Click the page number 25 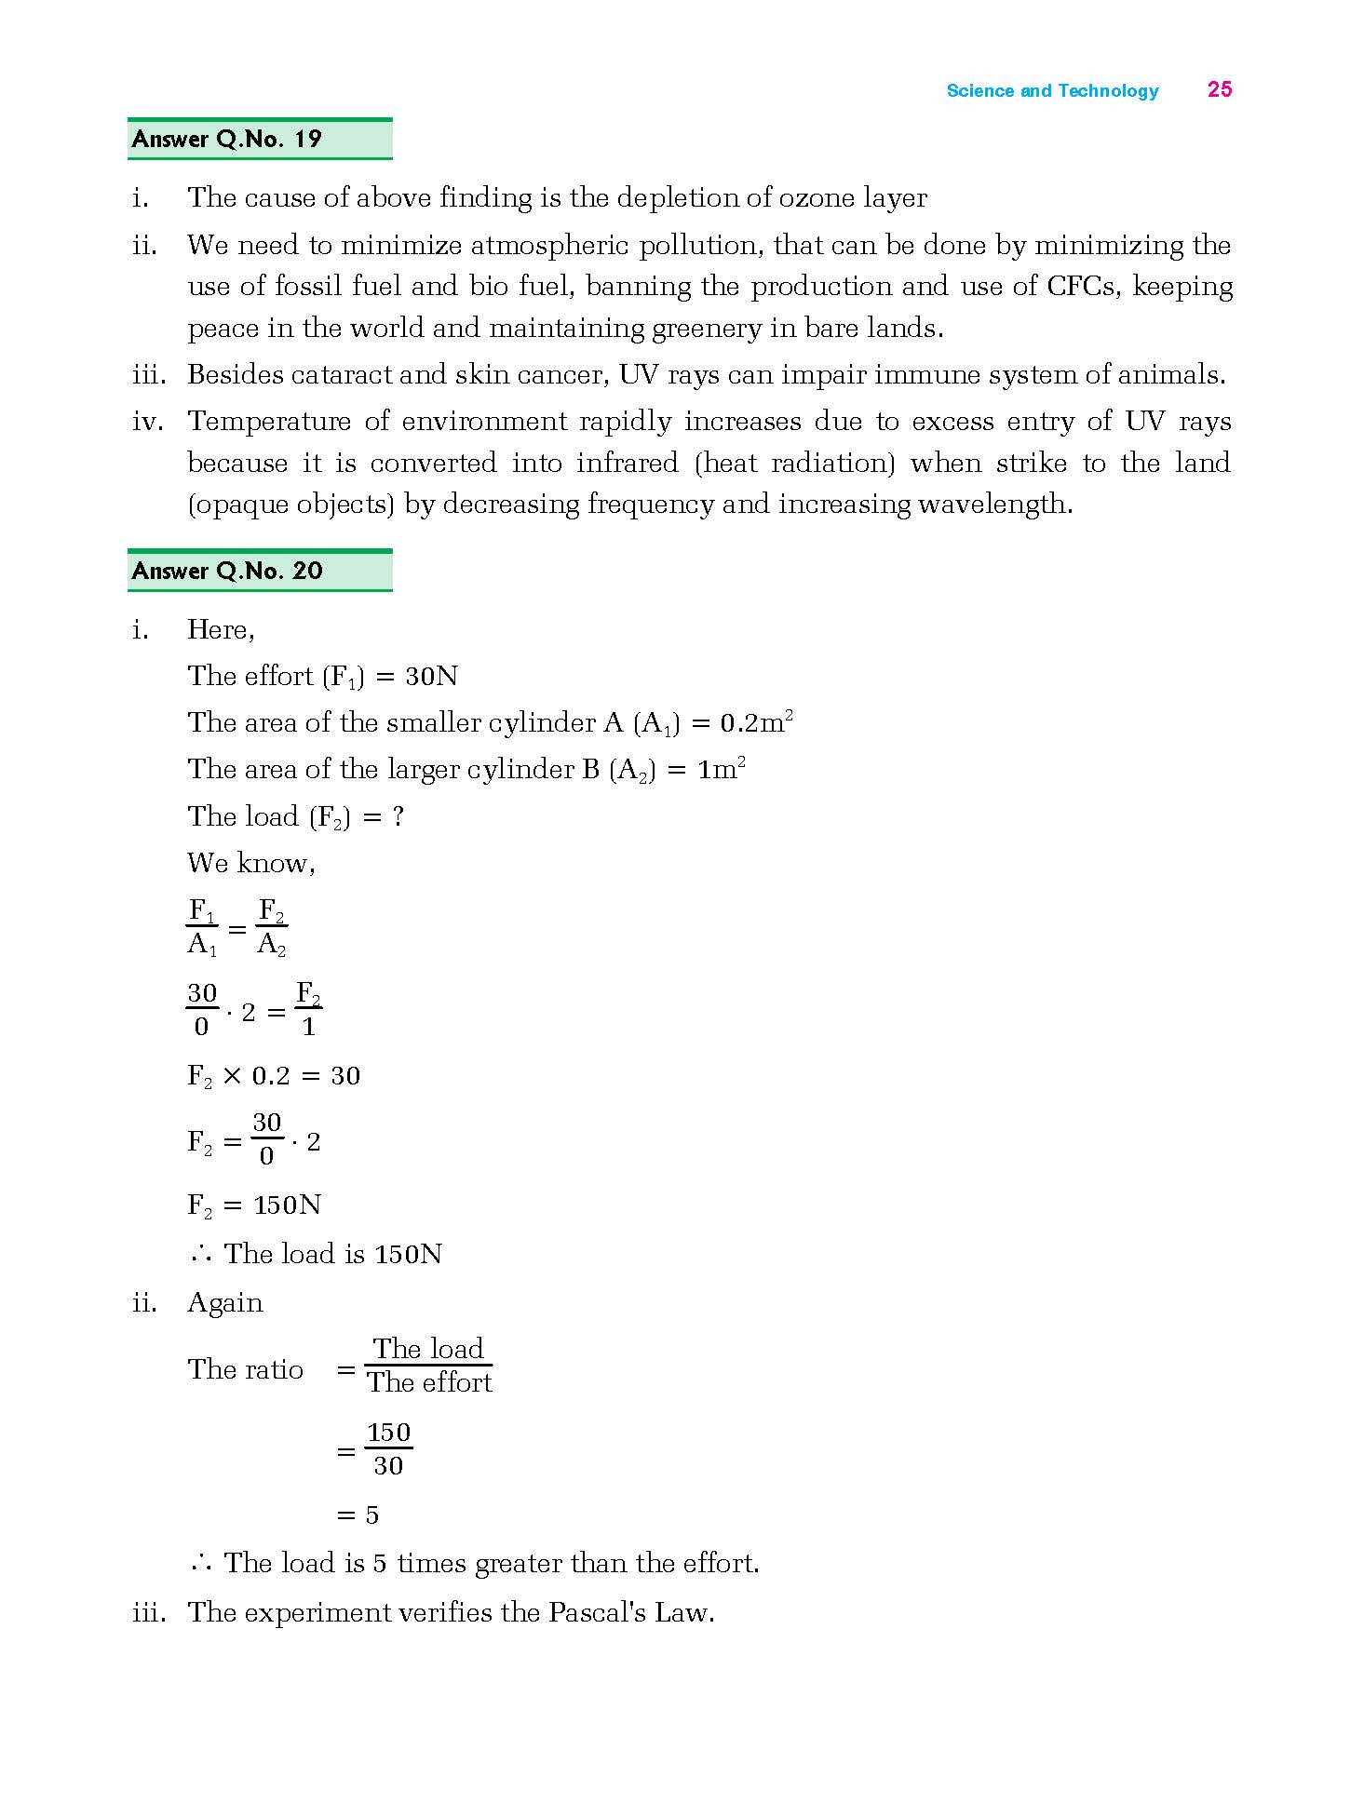click(1219, 89)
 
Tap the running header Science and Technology click(1052, 91)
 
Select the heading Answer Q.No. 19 click(227, 140)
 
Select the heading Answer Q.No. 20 click(227, 571)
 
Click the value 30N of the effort click(432, 677)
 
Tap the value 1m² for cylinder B click(722, 770)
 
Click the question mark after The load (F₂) click(398, 817)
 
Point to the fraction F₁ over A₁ click(202, 927)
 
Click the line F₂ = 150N click(254, 1205)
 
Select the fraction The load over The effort click(428, 1366)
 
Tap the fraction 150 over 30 click(388, 1449)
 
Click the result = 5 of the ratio click(359, 1515)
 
